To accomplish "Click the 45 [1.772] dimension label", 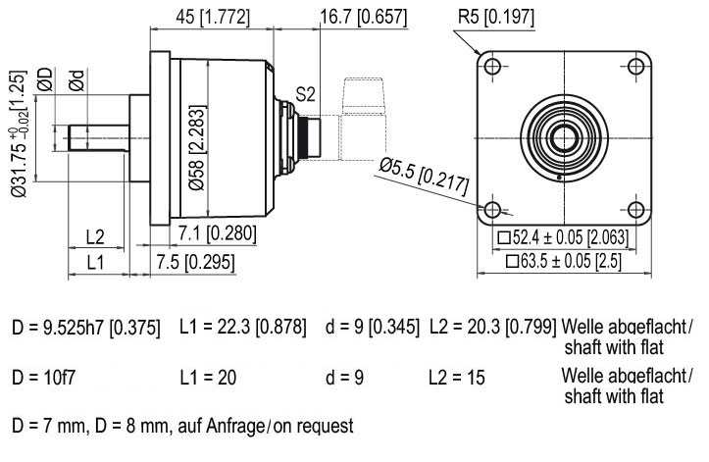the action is point(212,18).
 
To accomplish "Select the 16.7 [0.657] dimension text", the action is point(364,18).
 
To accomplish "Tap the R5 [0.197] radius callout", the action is point(496,18).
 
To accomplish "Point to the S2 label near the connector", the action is point(305,95).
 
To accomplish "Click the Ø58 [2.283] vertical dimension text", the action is point(197,147).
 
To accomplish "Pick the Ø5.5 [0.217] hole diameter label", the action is point(424,177).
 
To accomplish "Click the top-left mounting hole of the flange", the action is point(492,67).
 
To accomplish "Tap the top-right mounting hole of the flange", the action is point(636,67).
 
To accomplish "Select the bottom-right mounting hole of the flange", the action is point(636,210).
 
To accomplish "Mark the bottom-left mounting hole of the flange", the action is point(492,210).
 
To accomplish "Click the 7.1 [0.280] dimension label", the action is point(217,233).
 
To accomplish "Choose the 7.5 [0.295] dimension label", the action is point(196,263).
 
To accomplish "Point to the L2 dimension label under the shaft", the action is point(95,236).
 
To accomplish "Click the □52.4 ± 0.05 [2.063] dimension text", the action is point(563,237).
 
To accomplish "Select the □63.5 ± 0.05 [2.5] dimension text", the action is point(564,262).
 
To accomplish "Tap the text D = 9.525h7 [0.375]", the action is point(86,328).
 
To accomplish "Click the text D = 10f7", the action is point(43,377).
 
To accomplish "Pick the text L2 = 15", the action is point(457,378).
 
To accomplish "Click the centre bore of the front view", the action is point(564,138).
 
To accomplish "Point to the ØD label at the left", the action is point(45,79).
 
